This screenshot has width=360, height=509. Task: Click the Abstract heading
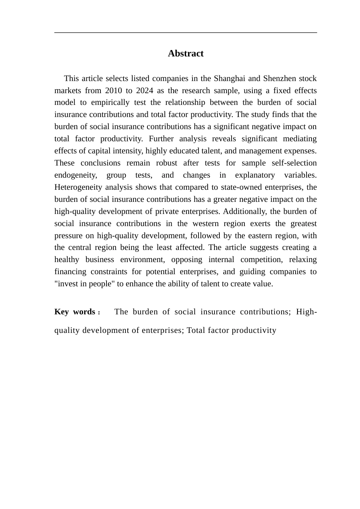tap(186, 53)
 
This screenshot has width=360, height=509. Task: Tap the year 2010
tap(114, 91)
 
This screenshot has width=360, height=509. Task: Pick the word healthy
tap(67, 259)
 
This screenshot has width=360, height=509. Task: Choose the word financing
tap(70, 272)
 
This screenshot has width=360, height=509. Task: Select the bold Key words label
tap(75, 312)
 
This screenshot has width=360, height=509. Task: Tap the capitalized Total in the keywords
tap(195, 330)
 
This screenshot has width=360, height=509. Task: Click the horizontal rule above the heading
tap(186, 33)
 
